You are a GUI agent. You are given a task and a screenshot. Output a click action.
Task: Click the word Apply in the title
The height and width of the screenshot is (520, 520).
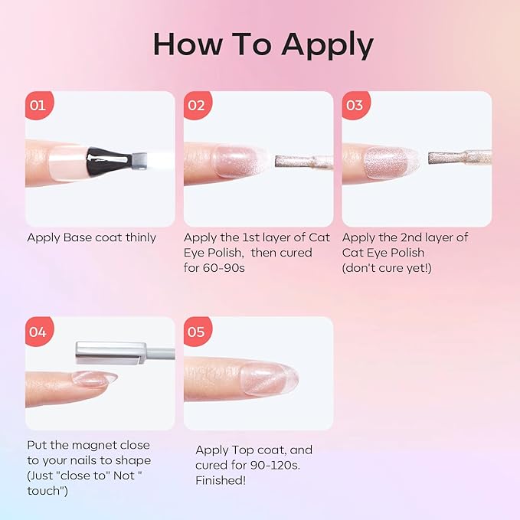328,44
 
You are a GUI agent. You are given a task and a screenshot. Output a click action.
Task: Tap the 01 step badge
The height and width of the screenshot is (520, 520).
39,105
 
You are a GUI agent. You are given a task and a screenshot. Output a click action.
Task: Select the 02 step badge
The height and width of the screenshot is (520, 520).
198,105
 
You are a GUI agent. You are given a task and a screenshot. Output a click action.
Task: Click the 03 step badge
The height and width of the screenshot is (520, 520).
355,105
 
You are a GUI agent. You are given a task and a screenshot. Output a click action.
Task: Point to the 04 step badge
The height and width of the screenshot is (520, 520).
39,332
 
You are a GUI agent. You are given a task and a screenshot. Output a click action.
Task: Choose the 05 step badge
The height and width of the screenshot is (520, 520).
198,332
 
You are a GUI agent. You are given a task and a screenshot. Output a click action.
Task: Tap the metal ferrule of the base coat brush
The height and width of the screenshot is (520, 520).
139,161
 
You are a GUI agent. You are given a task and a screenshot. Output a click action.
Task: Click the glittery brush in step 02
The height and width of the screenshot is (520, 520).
303,161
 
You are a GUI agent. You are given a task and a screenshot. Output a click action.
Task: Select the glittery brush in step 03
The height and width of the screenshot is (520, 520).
459,158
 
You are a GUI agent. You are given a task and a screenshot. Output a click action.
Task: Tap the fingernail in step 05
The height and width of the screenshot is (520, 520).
270,378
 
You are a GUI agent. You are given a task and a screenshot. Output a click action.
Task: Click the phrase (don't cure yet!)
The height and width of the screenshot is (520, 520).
387,268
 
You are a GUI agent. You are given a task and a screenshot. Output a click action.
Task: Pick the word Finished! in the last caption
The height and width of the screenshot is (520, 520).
221,480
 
